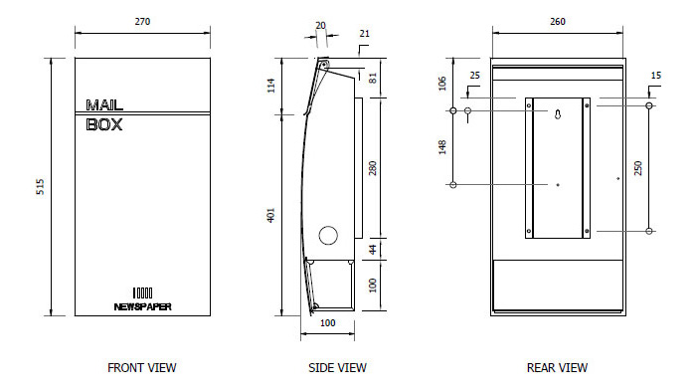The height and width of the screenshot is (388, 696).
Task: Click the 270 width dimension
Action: tap(142, 21)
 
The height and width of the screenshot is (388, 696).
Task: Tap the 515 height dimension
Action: tap(40, 186)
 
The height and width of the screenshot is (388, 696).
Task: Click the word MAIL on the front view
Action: tap(104, 105)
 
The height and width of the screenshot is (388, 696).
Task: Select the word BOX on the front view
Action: tap(103, 124)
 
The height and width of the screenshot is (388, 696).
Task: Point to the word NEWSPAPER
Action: tap(142, 306)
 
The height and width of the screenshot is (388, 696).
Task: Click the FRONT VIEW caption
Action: tap(142, 367)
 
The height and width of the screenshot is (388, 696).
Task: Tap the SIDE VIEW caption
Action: tap(337, 367)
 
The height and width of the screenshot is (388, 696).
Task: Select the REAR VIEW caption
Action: tap(557, 367)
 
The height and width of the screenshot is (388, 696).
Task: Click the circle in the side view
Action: tap(328, 235)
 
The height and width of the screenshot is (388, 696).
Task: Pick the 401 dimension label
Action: tap(270, 215)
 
